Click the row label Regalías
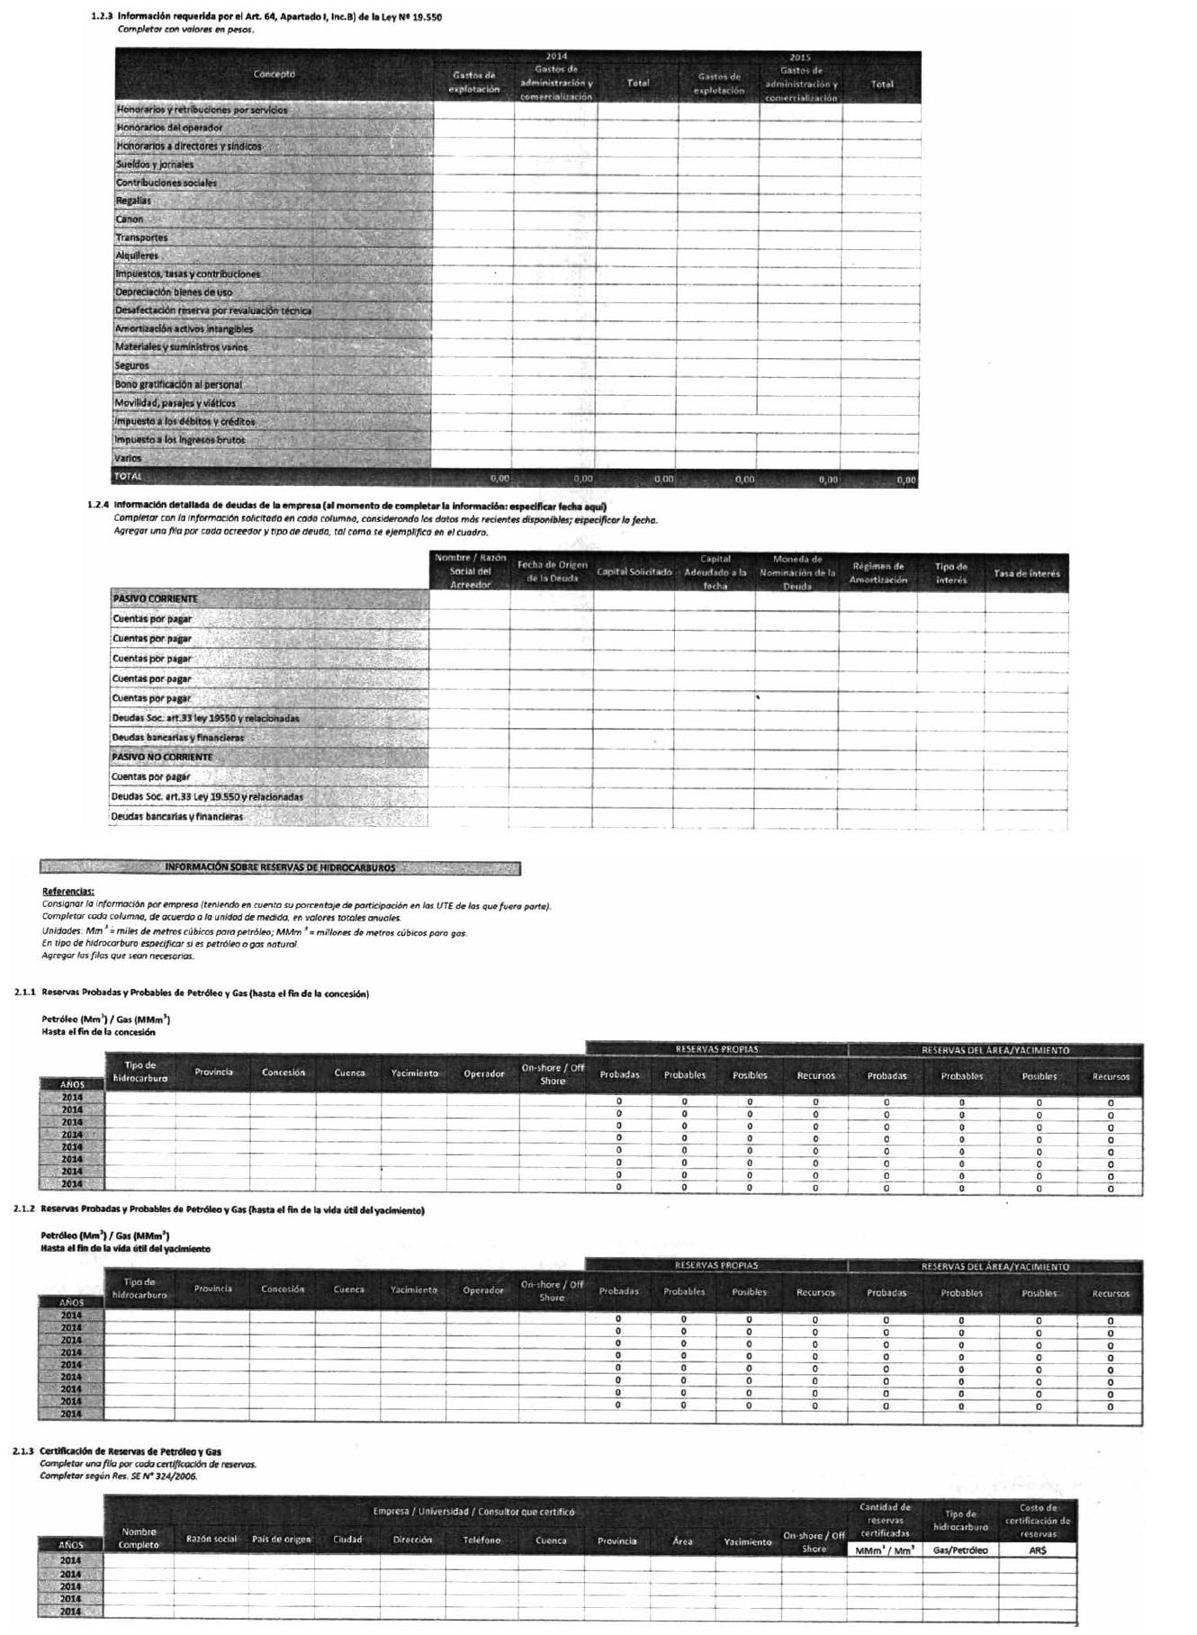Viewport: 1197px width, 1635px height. [x=133, y=201]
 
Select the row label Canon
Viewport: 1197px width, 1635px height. [x=130, y=219]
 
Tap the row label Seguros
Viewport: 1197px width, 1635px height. [x=132, y=365]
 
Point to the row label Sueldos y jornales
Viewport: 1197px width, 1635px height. [x=155, y=165]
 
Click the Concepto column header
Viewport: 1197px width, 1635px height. [x=274, y=74]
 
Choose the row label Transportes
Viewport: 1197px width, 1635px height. [x=141, y=238]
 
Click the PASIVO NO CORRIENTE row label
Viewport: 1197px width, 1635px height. [x=162, y=757]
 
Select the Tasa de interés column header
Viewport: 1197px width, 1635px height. [x=1027, y=573]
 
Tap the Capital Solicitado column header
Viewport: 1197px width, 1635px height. [x=634, y=572]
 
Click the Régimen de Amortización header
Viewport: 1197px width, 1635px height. [x=878, y=573]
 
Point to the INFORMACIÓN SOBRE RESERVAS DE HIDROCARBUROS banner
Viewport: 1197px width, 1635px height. [x=280, y=867]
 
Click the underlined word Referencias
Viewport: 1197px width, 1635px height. [x=68, y=891]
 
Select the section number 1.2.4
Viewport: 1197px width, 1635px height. [x=98, y=506]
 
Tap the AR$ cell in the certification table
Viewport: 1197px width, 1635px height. [x=1038, y=1550]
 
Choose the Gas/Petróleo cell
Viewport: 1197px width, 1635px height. [x=960, y=1550]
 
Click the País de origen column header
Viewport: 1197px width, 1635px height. [x=281, y=1539]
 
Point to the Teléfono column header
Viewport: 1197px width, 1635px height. [x=481, y=1540]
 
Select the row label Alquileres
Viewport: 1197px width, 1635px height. [x=137, y=256]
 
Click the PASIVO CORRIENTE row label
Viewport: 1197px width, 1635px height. [x=155, y=598]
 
